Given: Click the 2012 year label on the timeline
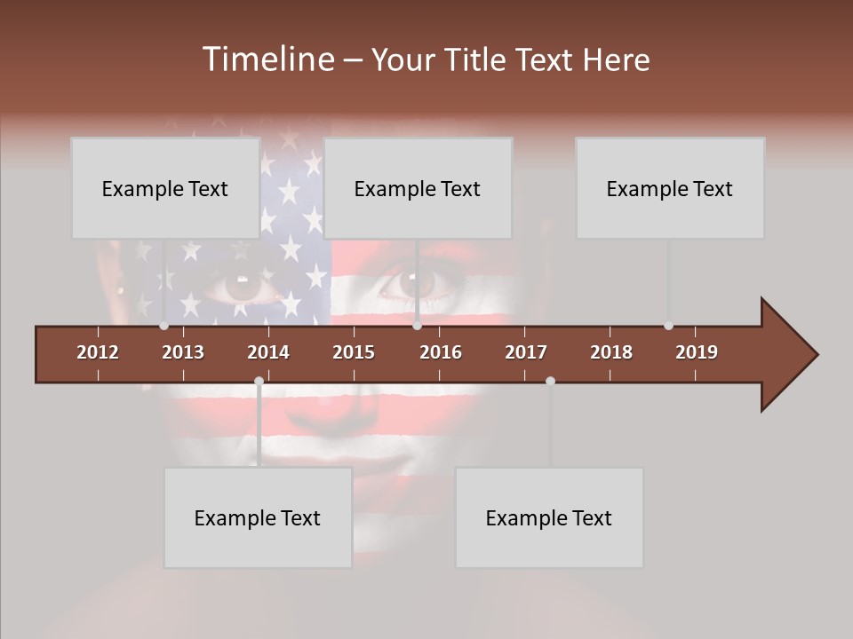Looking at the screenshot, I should click(x=98, y=352).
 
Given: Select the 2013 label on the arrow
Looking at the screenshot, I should click(x=183, y=352).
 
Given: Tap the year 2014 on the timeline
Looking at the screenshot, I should click(x=268, y=352).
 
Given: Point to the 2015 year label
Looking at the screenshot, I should click(x=354, y=352).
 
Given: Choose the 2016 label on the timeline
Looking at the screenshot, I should click(x=441, y=352).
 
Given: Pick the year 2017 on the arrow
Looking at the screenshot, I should click(x=526, y=352).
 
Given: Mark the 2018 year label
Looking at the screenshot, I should click(x=611, y=352).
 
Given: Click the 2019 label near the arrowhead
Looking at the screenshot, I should click(x=697, y=352).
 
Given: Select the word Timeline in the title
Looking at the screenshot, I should click(x=267, y=59).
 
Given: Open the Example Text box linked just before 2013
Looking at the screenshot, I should click(x=165, y=188).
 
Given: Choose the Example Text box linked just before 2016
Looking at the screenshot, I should click(x=418, y=188).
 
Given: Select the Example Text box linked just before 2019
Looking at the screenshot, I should click(x=670, y=188).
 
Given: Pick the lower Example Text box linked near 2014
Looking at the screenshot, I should click(x=258, y=517).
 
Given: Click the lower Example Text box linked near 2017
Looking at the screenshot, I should click(x=549, y=517).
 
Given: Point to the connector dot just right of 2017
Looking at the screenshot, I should click(x=550, y=381).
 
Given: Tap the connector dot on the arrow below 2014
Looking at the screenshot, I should click(x=259, y=381).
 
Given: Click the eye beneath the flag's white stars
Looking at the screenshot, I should click(x=242, y=284).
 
